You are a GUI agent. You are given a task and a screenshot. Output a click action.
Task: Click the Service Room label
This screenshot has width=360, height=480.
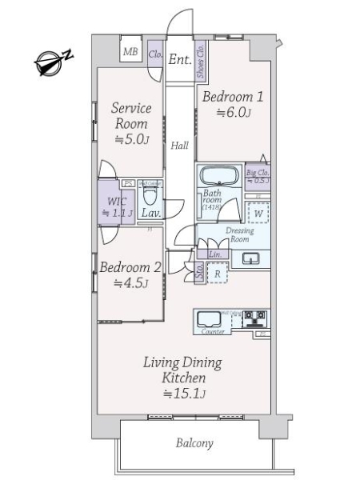(129, 115)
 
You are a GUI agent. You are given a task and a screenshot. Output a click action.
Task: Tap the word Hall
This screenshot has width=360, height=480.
(180, 146)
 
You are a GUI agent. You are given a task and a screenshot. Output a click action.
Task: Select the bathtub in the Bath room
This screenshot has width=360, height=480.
(217, 177)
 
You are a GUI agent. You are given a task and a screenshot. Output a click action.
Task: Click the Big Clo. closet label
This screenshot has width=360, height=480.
(257, 172)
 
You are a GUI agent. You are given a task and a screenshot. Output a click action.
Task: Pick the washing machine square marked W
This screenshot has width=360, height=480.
(258, 214)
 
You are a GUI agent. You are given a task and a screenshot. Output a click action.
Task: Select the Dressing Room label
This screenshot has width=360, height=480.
(242, 234)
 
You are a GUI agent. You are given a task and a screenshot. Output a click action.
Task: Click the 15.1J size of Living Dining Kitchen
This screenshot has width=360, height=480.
(185, 394)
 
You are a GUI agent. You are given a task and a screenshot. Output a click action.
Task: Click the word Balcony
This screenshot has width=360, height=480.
(194, 442)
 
